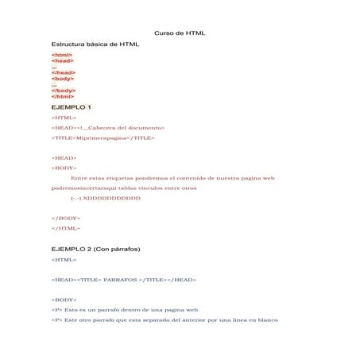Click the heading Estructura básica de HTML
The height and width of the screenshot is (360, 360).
point(95,44)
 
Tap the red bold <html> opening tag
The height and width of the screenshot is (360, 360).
point(61,55)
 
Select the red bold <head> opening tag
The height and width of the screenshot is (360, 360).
point(62,60)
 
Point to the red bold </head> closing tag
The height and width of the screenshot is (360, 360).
point(63,72)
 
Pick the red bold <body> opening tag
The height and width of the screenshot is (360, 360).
point(62,79)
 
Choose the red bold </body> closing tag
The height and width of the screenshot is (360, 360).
point(63,91)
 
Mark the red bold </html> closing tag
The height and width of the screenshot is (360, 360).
point(62,96)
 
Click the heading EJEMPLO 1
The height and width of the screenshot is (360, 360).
point(71,106)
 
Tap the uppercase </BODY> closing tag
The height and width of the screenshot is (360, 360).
point(65,218)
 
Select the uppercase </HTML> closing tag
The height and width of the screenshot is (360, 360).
point(65,228)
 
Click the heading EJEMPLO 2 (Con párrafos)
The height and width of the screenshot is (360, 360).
point(95,250)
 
